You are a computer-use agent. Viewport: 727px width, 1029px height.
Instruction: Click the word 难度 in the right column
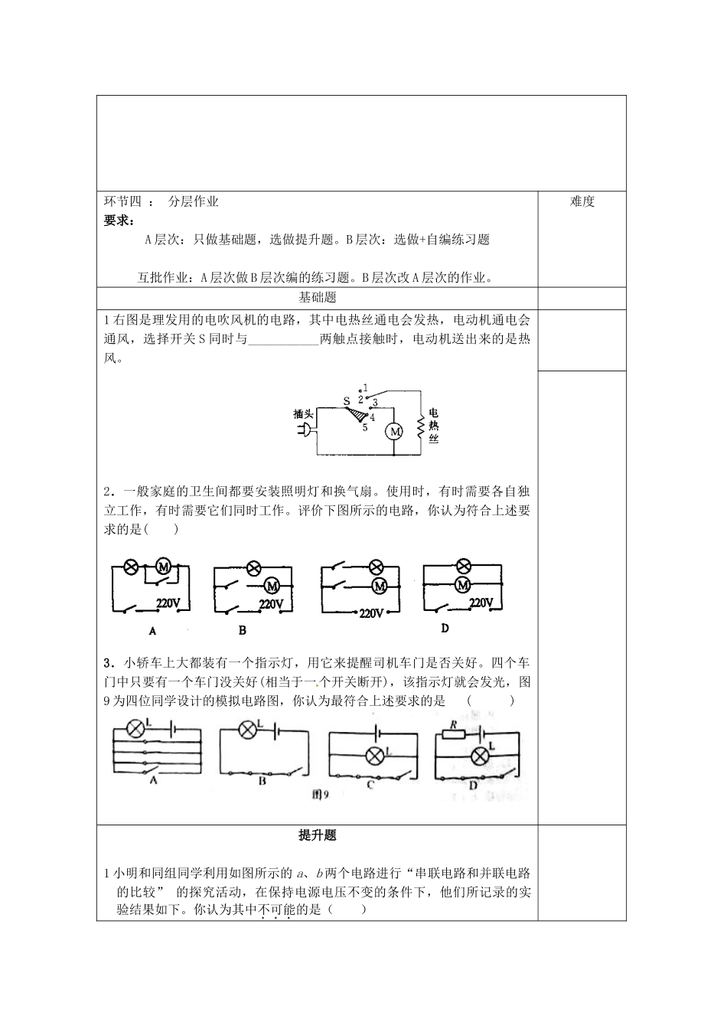(582, 201)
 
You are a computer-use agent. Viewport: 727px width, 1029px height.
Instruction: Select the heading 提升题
(317, 836)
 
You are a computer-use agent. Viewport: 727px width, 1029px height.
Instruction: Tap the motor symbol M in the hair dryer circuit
(394, 432)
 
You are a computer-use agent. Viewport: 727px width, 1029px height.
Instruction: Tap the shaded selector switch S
(356, 414)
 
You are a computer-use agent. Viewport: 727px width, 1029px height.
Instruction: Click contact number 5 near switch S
(365, 428)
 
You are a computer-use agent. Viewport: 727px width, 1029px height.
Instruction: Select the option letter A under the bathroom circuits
(152, 632)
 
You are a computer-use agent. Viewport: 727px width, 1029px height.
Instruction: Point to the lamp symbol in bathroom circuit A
(131, 567)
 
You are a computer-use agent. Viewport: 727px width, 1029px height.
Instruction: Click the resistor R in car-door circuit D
(454, 734)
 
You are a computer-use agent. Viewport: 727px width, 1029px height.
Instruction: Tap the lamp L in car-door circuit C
(375, 756)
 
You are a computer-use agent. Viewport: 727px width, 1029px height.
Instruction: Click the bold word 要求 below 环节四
(117, 220)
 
